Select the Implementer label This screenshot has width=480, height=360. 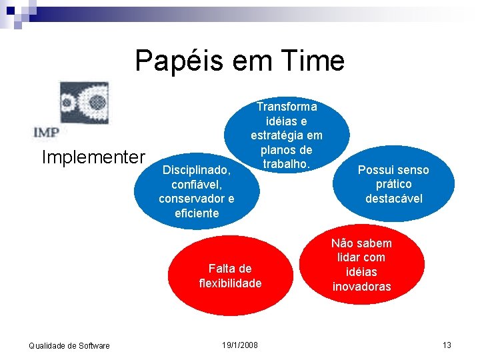pos(93,157)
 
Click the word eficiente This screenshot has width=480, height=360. pos(197,213)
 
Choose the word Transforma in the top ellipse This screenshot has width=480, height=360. pos(287,107)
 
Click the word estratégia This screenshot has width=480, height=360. pos(287,135)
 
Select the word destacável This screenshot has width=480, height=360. pos(393,199)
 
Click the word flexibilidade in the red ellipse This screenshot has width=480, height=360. pos(230,283)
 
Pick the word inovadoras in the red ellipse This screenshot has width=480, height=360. pos(362,287)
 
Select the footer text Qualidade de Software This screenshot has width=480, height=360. pos(69,345)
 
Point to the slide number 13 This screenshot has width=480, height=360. pos(447,345)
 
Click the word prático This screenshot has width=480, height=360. pos(393,184)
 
